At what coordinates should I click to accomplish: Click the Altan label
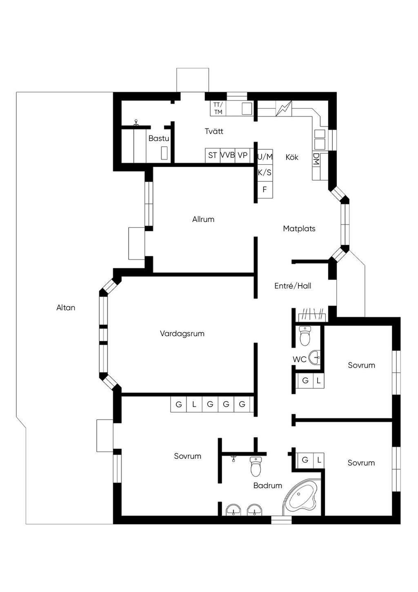66,308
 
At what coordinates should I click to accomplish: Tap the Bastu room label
159,138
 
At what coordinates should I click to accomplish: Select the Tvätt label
214,131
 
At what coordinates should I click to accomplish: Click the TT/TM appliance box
218,108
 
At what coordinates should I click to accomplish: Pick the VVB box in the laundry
227,155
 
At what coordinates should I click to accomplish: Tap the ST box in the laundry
213,155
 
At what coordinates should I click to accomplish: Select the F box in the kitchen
265,190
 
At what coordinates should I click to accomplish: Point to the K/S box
265,173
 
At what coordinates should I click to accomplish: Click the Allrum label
203,219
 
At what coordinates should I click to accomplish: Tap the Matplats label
299,229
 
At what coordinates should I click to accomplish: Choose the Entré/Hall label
293,286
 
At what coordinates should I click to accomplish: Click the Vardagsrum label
182,333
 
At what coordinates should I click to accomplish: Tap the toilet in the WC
305,336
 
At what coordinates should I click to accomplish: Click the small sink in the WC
315,357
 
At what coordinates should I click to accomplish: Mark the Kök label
292,158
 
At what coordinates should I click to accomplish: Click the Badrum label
267,485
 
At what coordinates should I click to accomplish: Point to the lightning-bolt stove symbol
284,108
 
